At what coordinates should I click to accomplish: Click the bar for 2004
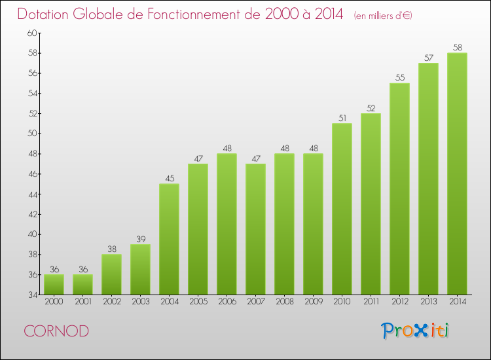coord(169,239)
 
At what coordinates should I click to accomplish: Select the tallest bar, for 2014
coord(457,173)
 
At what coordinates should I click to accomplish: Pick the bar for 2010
coord(342,209)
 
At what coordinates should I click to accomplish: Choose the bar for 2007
coord(255,229)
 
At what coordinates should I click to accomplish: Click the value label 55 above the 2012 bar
coord(399,78)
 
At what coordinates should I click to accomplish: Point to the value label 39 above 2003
coord(140,239)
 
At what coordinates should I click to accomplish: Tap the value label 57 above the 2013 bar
coord(428,58)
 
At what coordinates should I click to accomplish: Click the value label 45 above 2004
coord(169,178)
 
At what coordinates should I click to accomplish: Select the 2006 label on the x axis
coord(227,302)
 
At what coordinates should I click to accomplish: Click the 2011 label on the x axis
coord(371,302)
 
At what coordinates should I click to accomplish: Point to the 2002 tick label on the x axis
coord(111,302)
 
